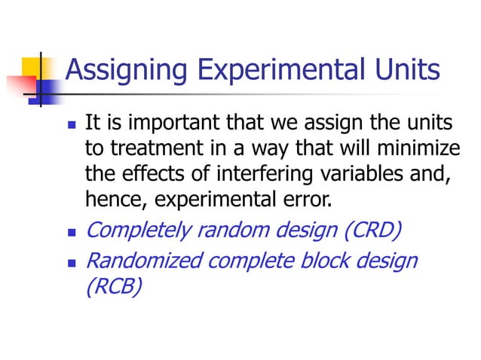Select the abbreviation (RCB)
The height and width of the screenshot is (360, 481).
point(114,287)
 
